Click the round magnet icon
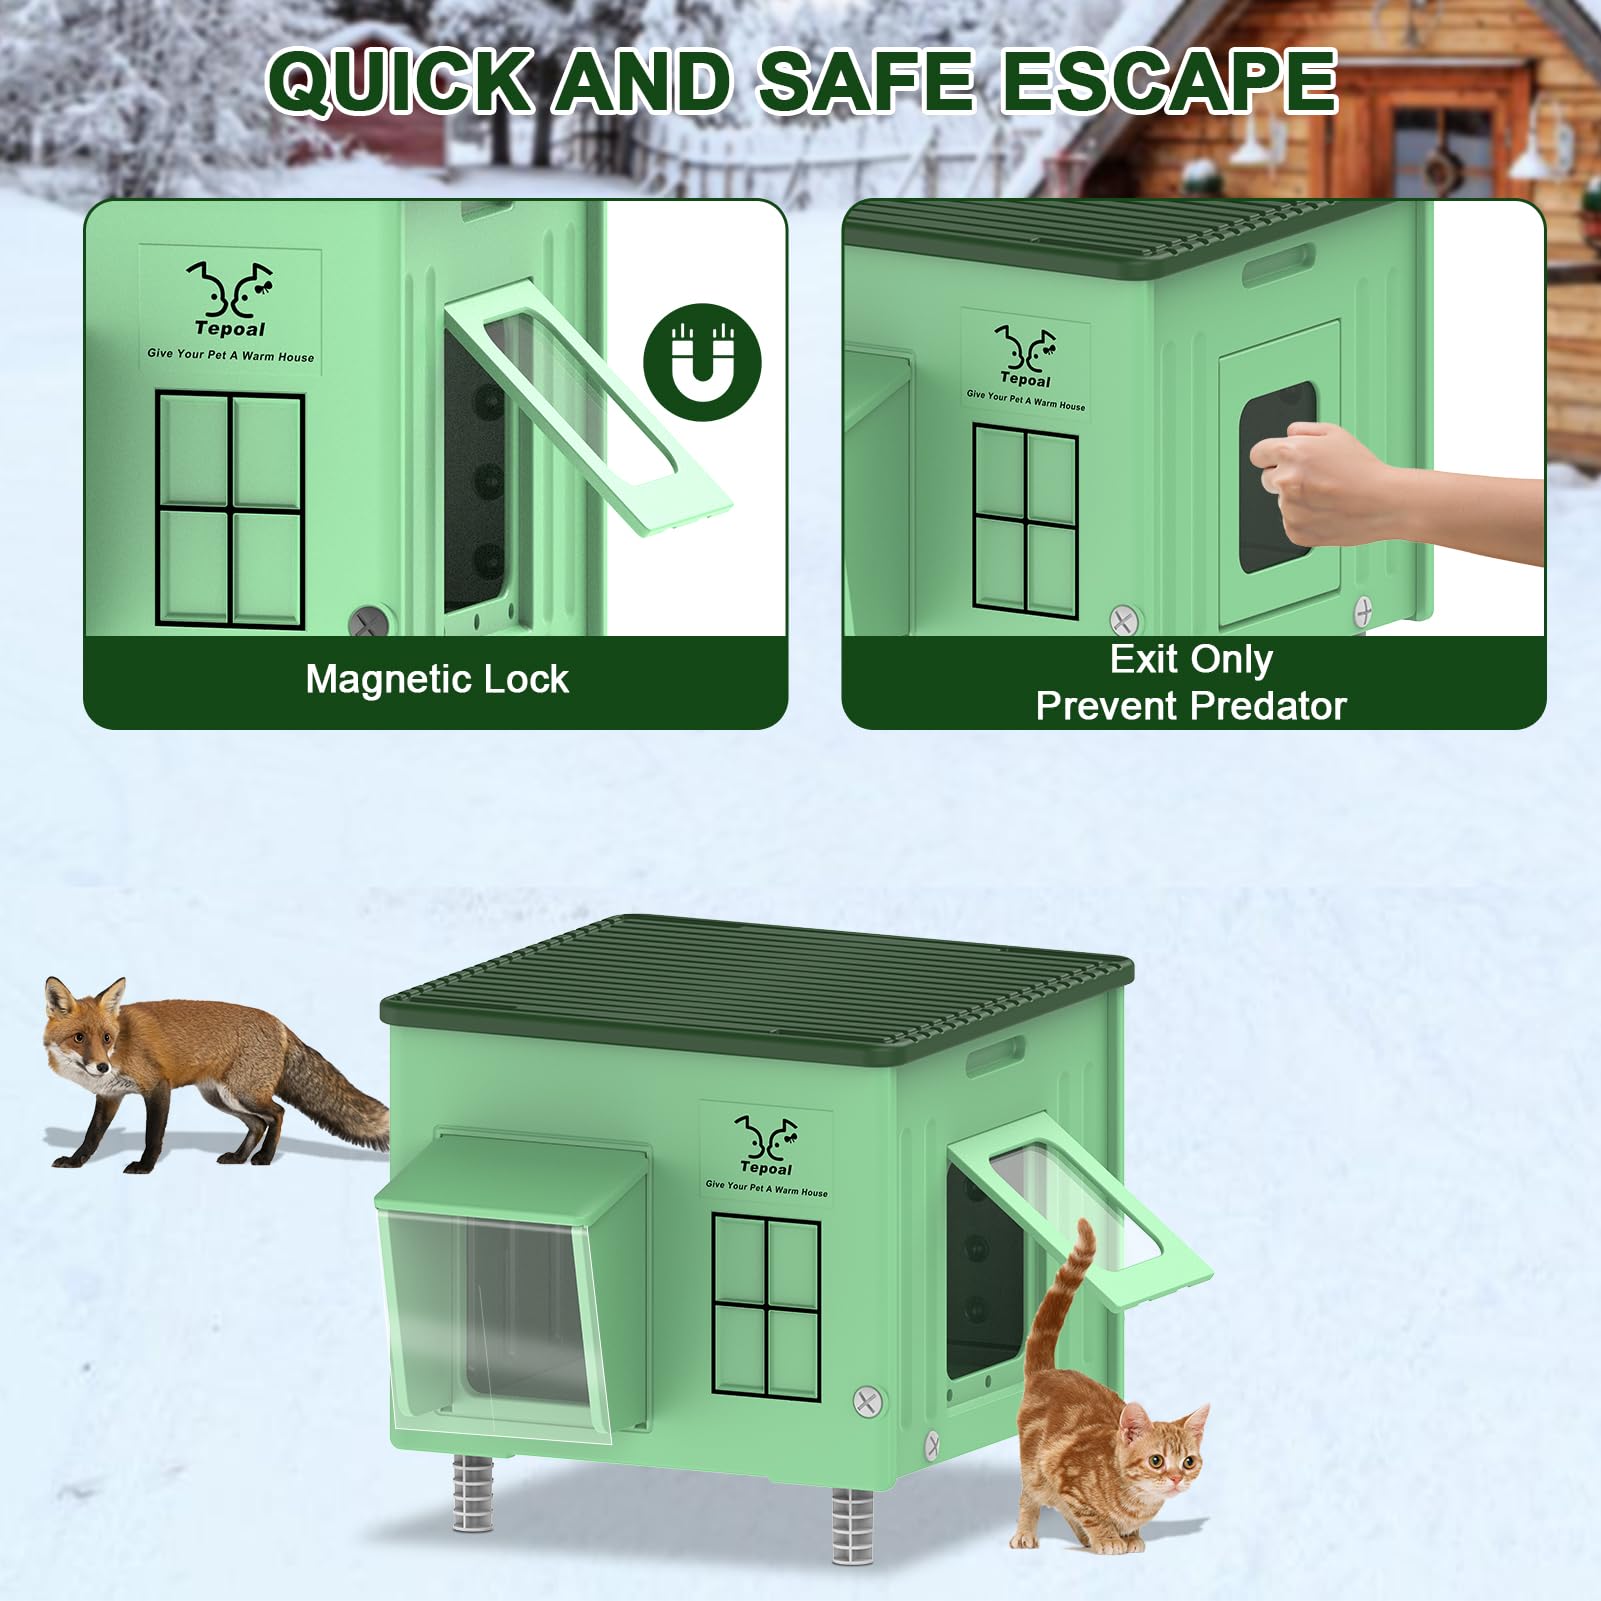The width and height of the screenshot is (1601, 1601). [x=702, y=362]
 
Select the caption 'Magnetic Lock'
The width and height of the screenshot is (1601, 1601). [x=437, y=680]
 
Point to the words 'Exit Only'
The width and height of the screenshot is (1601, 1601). [x=1191, y=659]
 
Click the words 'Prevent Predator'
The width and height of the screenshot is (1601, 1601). [x=1191, y=706]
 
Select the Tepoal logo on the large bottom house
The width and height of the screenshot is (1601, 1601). [x=766, y=1156]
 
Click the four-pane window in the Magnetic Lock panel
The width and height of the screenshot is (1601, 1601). [x=230, y=510]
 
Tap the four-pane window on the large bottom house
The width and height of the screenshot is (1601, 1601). [x=766, y=1307]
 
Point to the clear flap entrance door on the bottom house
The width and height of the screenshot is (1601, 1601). [x=496, y=1320]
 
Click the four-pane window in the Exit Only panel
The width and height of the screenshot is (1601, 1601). [x=1026, y=520]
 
